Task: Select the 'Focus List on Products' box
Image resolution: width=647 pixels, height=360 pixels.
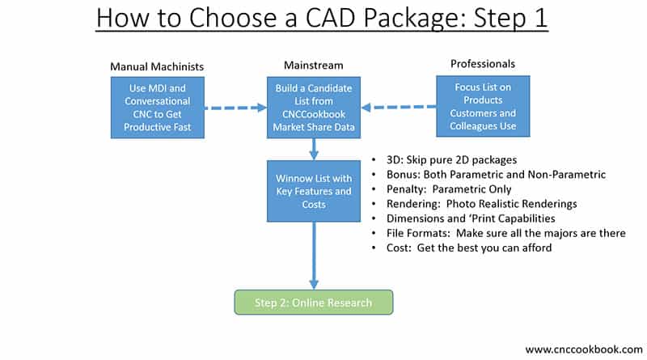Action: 484,106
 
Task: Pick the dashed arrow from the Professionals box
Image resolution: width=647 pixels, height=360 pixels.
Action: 398,106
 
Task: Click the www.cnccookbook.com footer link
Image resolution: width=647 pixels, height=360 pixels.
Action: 583,349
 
